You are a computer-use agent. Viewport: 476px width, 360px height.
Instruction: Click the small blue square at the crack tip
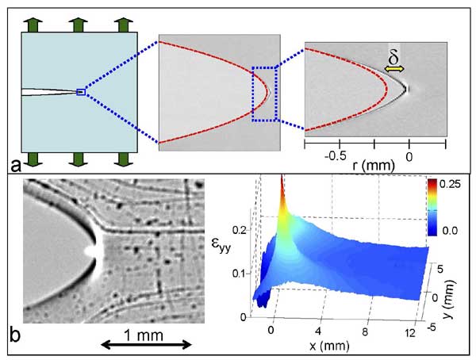tap(80, 92)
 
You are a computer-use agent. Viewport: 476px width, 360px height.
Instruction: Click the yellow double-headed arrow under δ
tap(394, 71)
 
